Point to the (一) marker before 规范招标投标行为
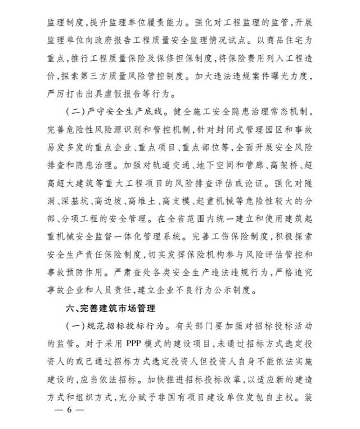tap(76, 325)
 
